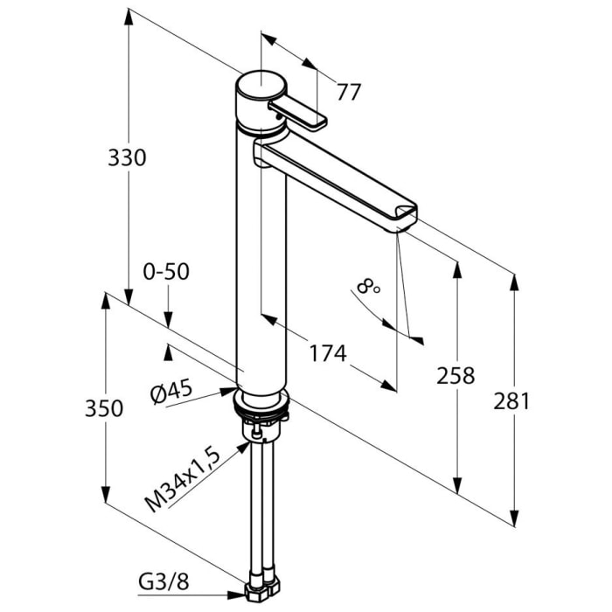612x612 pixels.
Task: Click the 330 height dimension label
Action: point(127,158)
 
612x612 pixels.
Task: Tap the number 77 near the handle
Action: point(349,93)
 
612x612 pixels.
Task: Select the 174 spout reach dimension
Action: point(328,353)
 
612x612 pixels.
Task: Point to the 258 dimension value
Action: point(456,375)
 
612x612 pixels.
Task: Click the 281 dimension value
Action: point(513,401)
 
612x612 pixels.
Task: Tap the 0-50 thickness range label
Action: point(166,271)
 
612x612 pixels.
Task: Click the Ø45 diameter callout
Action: point(170,393)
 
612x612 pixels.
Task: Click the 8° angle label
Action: point(370,286)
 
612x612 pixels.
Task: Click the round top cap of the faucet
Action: point(258,87)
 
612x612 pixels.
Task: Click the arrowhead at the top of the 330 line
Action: point(129,15)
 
